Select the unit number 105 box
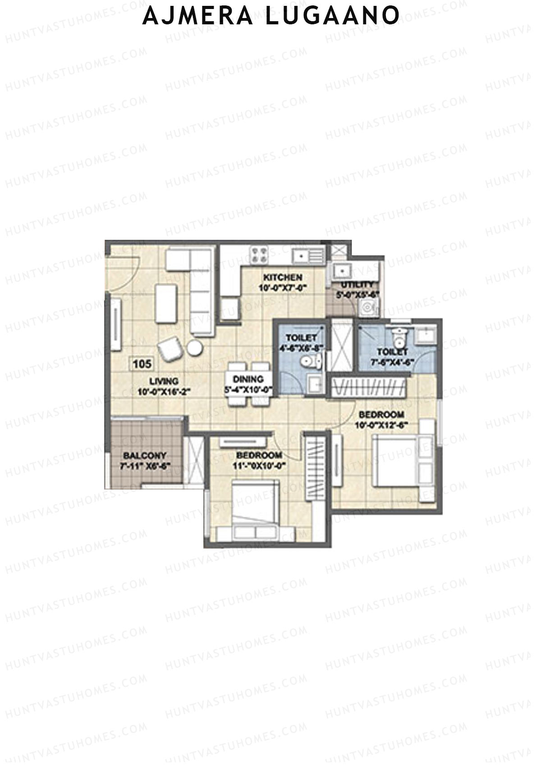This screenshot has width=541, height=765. (142, 363)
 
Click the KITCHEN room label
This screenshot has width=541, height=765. (283, 277)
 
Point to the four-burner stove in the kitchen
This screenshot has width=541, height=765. (259, 254)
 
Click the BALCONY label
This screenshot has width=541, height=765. (145, 456)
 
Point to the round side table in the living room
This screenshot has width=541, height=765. (195, 347)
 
